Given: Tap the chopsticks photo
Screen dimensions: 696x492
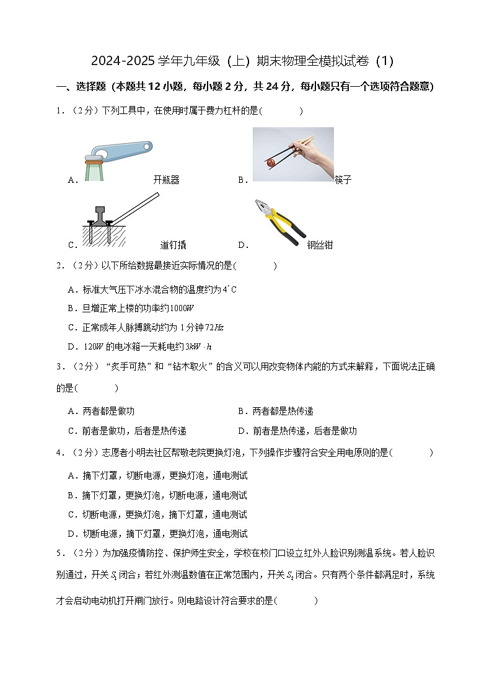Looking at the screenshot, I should tap(293, 154).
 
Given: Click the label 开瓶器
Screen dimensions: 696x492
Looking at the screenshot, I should tap(166, 180).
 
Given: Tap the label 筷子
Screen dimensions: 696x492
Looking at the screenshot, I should tap(343, 180).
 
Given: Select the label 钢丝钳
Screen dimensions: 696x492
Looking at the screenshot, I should tap(320, 245).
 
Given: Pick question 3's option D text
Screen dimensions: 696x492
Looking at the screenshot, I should tap(297, 431).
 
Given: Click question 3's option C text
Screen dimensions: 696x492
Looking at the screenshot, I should tap(127, 431).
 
